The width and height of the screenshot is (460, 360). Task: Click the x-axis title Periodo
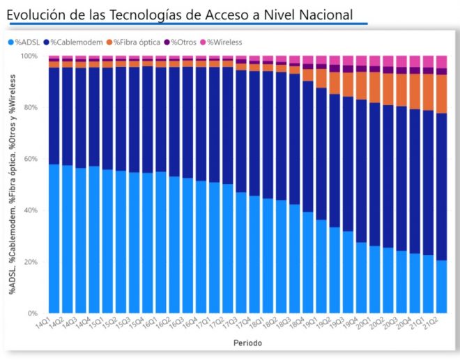248,343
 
